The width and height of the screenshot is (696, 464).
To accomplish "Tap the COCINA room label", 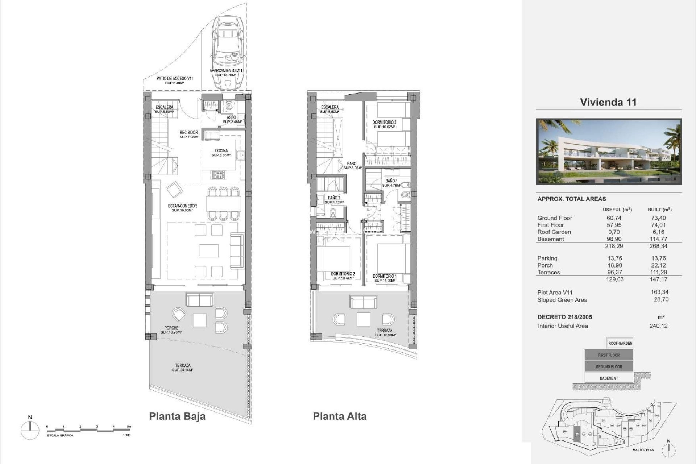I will pos(221,151).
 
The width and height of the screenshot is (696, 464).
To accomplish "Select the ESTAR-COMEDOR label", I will pos(182,206).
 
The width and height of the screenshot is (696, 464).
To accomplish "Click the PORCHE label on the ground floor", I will pos(171,328).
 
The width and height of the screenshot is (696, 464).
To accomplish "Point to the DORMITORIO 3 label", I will pos(384,123).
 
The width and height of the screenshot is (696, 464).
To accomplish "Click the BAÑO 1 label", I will pos(391,181).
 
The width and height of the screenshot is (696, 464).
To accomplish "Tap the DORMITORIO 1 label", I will pos(385,276).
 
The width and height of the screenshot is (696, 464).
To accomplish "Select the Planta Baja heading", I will pos(177,416).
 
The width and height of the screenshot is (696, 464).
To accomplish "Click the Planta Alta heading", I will pos(339,416).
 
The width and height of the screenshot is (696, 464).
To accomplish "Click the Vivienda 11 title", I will pos(608,102).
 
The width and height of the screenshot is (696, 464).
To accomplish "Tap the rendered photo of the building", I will pos(609,152).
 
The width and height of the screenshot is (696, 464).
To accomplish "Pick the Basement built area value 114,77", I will pos(658,239).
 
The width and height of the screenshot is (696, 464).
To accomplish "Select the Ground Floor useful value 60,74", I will pos(614,218).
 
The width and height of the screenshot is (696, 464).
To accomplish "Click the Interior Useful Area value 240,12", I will pos(658,326).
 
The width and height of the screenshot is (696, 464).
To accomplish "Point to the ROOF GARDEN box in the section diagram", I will pos(620,343).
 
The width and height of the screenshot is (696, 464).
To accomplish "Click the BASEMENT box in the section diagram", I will pos(609,378).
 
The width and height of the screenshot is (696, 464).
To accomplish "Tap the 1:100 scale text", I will pos(127,435).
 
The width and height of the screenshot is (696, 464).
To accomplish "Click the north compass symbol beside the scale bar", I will pos(30,430).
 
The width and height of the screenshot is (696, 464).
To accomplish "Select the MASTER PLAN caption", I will pos(643,450).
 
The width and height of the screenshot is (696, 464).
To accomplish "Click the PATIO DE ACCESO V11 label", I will pos(174,78).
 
